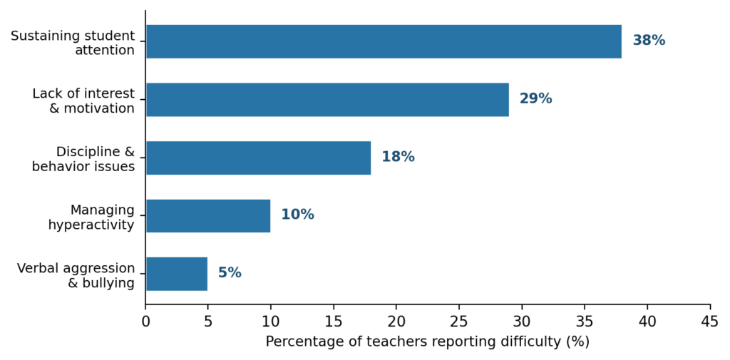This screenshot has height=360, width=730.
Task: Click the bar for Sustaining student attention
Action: point(384,41)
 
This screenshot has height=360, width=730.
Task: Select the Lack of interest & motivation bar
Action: point(327,99)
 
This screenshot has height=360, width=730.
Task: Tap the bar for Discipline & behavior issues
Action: point(258,158)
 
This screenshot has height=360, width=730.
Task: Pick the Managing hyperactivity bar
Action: point(208,215)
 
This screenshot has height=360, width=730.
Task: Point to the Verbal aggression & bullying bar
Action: point(177,274)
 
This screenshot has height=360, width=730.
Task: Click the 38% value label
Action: point(649,41)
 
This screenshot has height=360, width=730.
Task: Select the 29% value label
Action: point(535,99)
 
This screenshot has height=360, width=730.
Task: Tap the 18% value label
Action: point(398,157)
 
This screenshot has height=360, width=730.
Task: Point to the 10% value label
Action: point(297,215)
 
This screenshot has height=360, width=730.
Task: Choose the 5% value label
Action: point(230,273)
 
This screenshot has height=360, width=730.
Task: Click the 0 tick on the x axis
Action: point(145,322)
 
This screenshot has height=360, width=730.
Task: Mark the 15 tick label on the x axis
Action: point(334,322)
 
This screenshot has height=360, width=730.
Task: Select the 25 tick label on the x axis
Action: point(459,322)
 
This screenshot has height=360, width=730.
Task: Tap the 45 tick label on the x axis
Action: point(710,322)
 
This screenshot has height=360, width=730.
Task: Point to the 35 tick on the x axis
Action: point(585,322)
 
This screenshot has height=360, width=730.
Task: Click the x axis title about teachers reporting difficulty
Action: point(428,342)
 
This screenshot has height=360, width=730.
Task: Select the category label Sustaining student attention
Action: point(73,43)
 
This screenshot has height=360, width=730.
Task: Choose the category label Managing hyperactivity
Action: point(91,217)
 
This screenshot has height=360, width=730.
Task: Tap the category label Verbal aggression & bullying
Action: point(76,275)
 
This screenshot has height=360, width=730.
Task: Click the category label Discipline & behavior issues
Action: point(83,159)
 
